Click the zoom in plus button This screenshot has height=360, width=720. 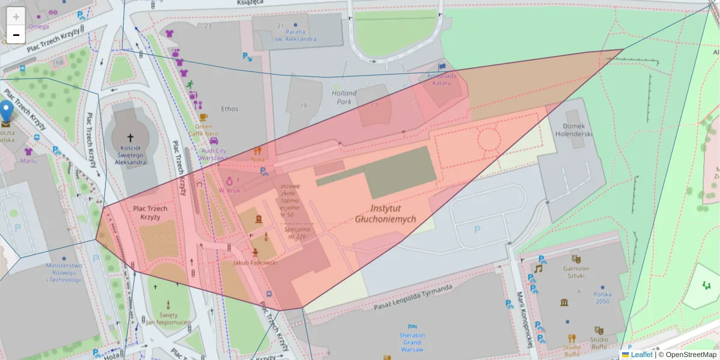point(16,16)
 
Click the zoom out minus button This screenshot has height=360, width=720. point(16,35)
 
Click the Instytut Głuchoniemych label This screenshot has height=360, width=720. point(385,214)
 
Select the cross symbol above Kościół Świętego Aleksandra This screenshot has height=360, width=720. point(130,137)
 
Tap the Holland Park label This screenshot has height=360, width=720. point(344,97)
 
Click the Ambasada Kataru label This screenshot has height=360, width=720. point(442,79)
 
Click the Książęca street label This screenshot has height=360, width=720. point(250,4)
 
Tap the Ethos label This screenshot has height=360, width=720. point(229,109)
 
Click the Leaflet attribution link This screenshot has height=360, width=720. point(641,355)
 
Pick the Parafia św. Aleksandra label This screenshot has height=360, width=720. point(295,35)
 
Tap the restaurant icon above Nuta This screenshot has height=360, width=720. point(258,151)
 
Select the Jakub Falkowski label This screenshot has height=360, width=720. point(255,263)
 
